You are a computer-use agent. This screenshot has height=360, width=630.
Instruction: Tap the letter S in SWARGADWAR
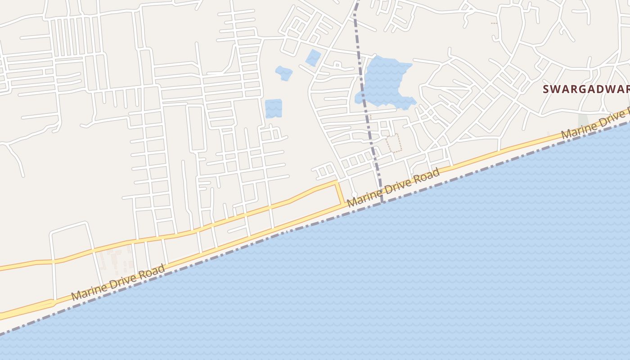pos(546,89)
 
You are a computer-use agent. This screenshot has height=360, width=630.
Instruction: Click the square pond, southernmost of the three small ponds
pos(273,108)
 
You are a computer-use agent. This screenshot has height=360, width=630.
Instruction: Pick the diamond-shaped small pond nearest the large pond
pos(313,58)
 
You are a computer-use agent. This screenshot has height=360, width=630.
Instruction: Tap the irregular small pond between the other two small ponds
pos(284,73)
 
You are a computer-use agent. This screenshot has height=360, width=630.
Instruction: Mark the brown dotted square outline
pos(394,143)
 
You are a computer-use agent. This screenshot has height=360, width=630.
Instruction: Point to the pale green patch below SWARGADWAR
pos(583,121)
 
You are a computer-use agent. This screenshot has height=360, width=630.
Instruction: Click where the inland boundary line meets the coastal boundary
pos(382,202)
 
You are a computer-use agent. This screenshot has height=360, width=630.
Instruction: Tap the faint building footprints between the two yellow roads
pos(115,261)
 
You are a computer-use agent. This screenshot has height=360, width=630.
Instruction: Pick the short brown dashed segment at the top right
pos(494,23)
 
